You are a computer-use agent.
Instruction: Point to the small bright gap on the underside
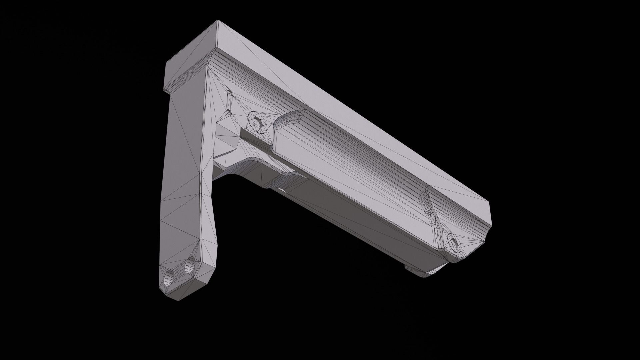[x=282, y=190]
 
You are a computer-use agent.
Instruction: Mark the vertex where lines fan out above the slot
[x=208, y=66]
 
